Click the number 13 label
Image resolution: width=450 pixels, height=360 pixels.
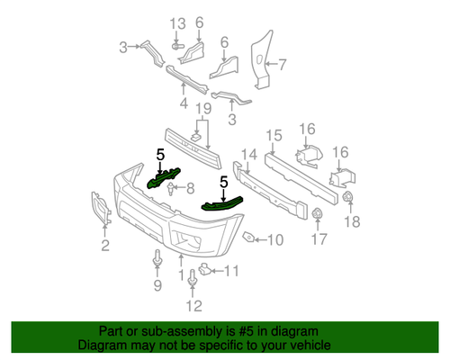click(x=176, y=22)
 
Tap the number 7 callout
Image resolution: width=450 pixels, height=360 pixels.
click(x=282, y=65)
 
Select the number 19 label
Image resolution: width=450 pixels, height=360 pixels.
click(x=203, y=108)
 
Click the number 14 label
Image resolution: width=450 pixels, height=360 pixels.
click(x=247, y=154)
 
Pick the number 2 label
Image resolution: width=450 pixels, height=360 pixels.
click(x=104, y=245)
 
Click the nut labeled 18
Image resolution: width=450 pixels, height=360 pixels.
click(x=350, y=197)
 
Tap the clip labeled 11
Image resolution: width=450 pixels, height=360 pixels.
click(x=204, y=268)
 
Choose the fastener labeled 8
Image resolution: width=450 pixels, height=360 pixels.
click(x=171, y=188)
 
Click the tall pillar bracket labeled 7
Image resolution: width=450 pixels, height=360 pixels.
click(x=259, y=58)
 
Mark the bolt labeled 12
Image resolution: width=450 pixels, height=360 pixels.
click(x=193, y=283)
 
